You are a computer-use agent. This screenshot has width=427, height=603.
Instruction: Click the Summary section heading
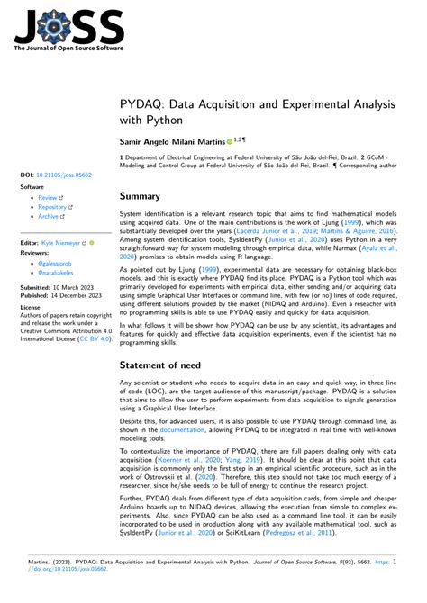141,196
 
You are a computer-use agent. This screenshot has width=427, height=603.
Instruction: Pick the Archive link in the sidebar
49,216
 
